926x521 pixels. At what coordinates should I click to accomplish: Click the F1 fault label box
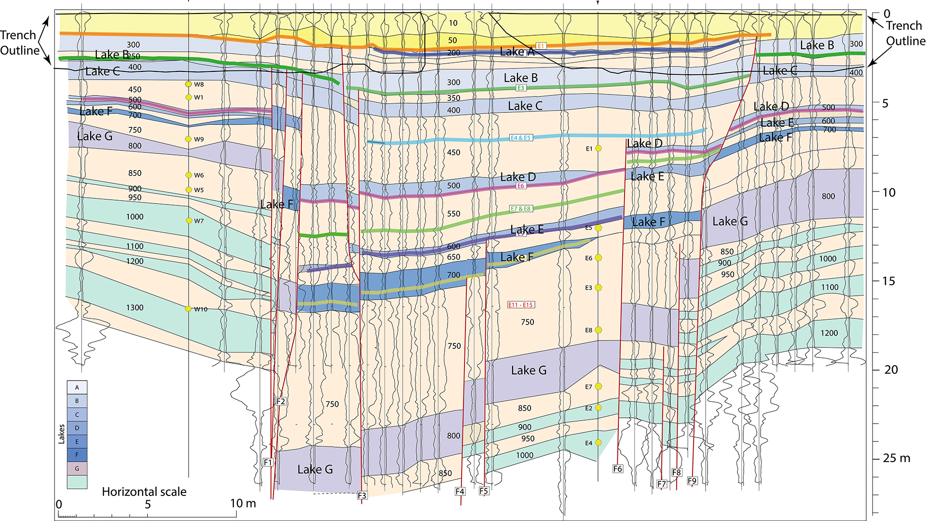click(268, 462)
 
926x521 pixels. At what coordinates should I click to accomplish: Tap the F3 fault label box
click(362, 495)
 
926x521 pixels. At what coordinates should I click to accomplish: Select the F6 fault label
click(618, 468)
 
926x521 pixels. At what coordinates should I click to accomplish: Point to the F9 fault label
click(692, 480)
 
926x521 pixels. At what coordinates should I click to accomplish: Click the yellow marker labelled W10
click(189, 309)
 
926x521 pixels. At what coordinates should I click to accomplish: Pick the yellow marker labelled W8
click(189, 84)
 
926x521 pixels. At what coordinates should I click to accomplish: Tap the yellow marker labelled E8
click(599, 330)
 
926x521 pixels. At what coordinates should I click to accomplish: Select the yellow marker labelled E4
click(599, 443)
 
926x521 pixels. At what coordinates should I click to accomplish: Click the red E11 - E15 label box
click(521, 305)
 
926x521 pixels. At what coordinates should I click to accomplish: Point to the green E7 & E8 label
click(521, 209)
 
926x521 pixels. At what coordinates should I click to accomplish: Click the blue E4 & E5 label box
click(521, 138)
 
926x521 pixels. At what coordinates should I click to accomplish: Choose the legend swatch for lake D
click(77, 428)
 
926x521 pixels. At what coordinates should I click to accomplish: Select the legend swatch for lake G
click(77, 468)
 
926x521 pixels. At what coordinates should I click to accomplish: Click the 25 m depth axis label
click(896, 458)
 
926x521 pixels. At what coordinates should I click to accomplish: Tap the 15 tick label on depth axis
click(888, 281)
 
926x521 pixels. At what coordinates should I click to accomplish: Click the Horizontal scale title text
click(144, 492)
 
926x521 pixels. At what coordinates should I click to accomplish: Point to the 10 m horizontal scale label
click(243, 504)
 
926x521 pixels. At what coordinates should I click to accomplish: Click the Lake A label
click(517, 52)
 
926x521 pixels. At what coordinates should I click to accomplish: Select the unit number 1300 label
click(135, 308)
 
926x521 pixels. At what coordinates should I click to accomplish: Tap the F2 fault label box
click(281, 401)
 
